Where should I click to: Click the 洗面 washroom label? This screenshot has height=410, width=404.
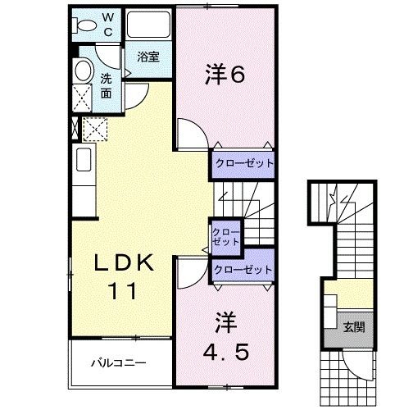pos(107,85)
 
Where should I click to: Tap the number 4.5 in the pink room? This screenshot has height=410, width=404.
pos(225,352)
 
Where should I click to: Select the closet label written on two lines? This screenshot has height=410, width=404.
pos(226,238)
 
